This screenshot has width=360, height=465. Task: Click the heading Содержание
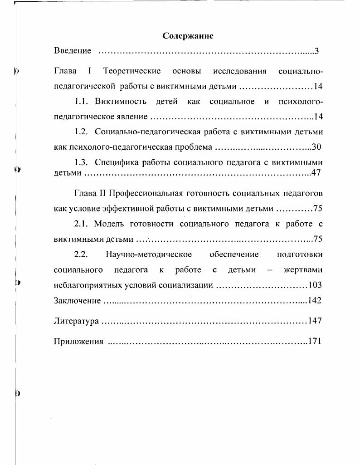tap(188, 36)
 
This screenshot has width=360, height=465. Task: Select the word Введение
tap(73, 51)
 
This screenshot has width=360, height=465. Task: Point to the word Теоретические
tap(132, 72)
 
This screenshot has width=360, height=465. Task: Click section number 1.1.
tap(84, 101)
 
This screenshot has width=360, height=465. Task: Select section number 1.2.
tap(84, 132)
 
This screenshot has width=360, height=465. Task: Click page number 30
tap(317, 147)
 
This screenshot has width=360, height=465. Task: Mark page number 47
tap(317, 173)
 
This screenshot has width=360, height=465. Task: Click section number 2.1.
tap(84, 224)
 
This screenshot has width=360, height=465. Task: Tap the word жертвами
tap(303, 270)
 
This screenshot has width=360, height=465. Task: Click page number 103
tap(315, 285)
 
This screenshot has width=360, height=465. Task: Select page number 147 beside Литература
tap(315, 321)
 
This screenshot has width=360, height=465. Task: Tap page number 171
tap(315, 342)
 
